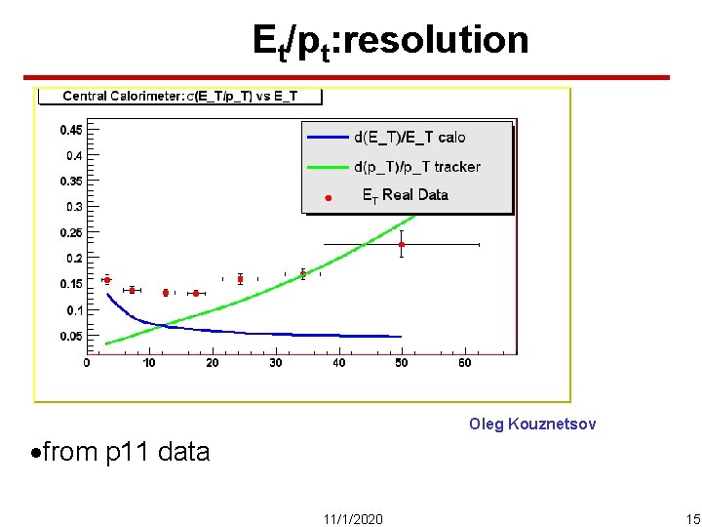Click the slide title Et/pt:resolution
tap(390, 41)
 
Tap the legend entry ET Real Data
tap(405, 195)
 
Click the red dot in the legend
tap(329, 198)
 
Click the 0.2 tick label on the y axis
tap(73, 259)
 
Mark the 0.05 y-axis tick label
tap(70, 336)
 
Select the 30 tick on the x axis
tap(276, 363)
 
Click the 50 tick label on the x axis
tap(402, 363)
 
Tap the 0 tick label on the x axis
tap(87, 363)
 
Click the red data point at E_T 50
tap(401, 244)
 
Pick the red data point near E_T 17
tap(196, 293)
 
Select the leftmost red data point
tap(107, 280)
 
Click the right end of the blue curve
tap(400, 337)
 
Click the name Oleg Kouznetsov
tap(531, 424)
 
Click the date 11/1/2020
tap(352, 517)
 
